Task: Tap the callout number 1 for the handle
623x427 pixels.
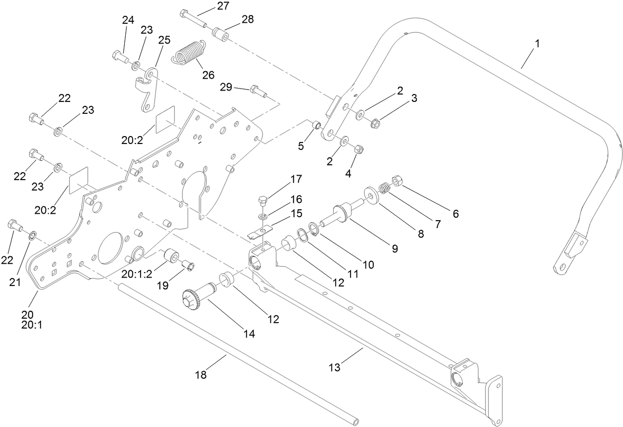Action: click(x=537, y=43)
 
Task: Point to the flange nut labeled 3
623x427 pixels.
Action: click(x=375, y=122)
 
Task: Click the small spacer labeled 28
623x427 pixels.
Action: click(x=219, y=35)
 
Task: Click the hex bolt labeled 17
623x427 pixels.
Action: click(x=263, y=201)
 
